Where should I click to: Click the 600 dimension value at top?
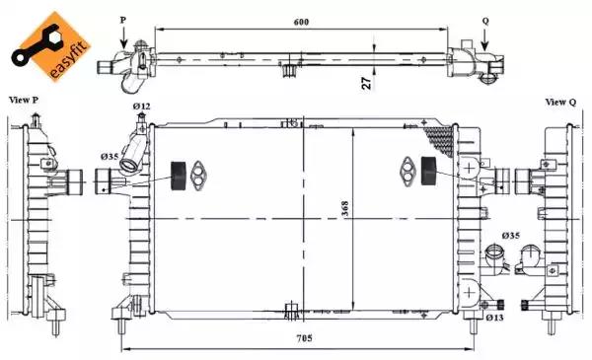point(301,22)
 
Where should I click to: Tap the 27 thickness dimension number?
point(367,83)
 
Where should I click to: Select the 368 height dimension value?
point(345,208)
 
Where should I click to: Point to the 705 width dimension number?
point(304,337)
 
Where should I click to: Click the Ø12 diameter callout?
point(141,107)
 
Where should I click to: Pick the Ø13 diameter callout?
point(494,318)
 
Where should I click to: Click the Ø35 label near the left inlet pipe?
point(110,156)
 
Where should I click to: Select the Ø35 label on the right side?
point(511,236)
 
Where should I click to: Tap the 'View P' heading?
point(24,100)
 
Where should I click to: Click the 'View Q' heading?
point(560,102)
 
